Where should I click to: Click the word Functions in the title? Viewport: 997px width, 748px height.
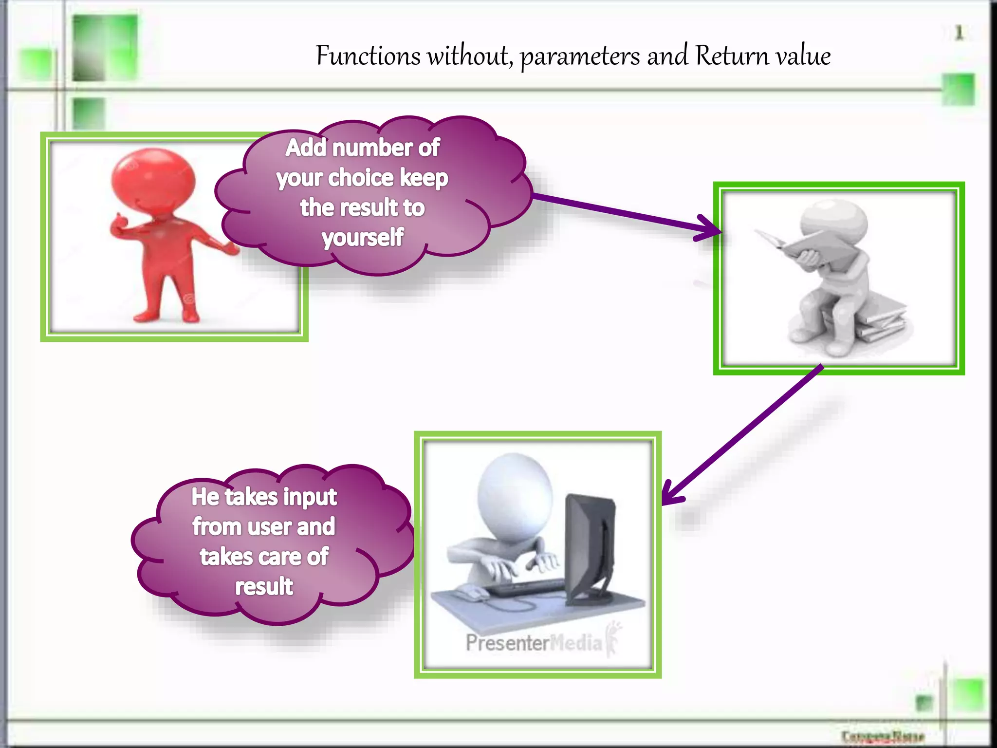tap(368, 56)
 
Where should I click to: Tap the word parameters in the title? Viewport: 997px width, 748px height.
tap(580, 57)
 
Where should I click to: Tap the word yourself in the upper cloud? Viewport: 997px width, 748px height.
tap(363, 238)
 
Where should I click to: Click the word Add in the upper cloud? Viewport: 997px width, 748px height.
tap(305, 148)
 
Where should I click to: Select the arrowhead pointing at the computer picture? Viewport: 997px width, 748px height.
tap(672, 493)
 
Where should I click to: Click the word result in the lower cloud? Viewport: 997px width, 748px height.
tap(264, 586)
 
